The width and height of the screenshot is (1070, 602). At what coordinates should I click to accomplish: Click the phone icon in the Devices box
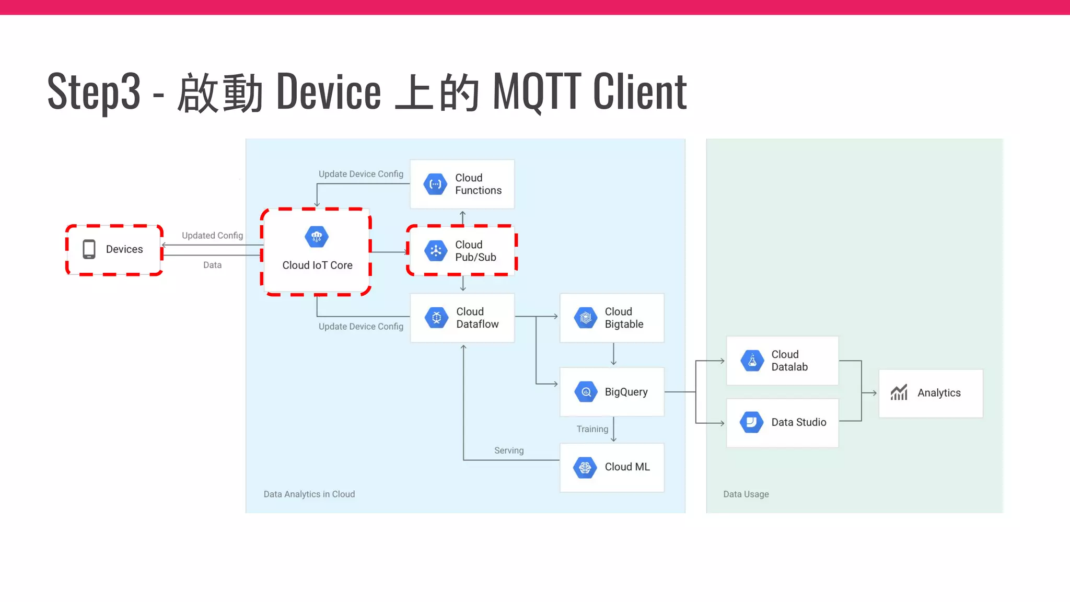pyautogui.click(x=89, y=249)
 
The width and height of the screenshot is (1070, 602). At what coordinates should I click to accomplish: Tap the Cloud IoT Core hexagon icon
pyautogui.click(x=317, y=237)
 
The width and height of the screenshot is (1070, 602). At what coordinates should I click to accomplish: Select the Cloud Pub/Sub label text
pyautogui.click(x=475, y=251)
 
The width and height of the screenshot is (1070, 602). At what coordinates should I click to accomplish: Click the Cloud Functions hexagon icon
pyautogui.click(x=435, y=184)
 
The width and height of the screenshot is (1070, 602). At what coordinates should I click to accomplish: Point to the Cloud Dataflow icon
pyautogui.click(x=436, y=318)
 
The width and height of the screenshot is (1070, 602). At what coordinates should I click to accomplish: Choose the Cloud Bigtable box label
pyautogui.click(x=624, y=318)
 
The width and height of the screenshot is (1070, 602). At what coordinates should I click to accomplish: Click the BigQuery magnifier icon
pyautogui.click(x=586, y=392)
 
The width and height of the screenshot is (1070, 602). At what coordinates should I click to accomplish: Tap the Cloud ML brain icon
pyautogui.click(x=585, y=467)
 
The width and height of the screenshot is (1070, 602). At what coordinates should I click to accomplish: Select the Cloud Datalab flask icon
pyautogui.click(x=752, y=361)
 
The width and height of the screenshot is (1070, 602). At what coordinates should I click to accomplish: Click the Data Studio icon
pyautogui.click(x=752, y=422)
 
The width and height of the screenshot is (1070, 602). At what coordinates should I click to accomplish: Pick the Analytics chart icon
pyautogui.click(x=899, y=392)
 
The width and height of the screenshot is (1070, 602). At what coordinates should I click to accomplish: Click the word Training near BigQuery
pyautogui.click(x=592, y=429)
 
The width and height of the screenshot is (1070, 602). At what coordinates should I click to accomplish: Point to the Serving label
pyautogui.click(x=509, y=450)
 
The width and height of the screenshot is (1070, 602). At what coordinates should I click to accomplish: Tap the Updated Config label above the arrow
pyautogui.click(x=212, y=236)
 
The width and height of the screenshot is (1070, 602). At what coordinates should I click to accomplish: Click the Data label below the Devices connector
pyautogui.click(x=212, y=265)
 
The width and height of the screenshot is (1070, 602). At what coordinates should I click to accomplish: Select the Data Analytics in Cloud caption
pyautogui.click(x=309, y=494)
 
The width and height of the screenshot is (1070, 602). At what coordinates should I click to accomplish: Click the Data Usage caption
pyautogui.click(x=746, y=494)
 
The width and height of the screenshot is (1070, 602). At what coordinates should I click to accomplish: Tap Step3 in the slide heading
pyautogui.click(x=94, y=92)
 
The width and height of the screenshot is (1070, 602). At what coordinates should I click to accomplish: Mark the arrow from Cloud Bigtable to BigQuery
pyautogui.click(x=613, y=355)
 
